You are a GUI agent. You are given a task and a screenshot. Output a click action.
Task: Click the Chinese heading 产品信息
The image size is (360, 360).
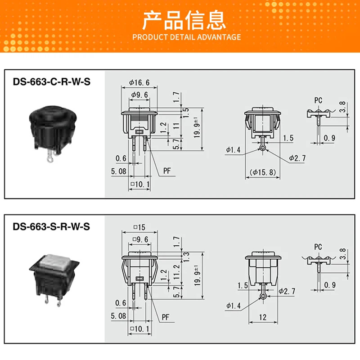click(x=184, y=21)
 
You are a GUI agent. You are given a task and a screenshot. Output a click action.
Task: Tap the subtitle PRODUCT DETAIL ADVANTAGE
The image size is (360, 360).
click(x=187, y=37)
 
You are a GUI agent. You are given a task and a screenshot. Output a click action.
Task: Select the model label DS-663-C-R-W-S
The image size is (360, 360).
click(x=52, y=82)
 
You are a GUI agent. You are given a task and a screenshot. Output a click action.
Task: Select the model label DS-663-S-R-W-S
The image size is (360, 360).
click(x=51, y=227)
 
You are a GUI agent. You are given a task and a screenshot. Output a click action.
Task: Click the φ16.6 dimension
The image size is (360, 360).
click(x=139, y=82)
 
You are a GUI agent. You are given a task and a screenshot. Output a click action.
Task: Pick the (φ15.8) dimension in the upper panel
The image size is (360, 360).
click(x=263, y=172)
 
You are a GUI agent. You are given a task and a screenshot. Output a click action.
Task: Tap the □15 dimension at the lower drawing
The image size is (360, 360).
click(x=139, y=227)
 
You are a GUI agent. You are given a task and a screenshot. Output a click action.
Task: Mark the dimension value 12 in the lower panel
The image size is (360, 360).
click(x=263, y=317)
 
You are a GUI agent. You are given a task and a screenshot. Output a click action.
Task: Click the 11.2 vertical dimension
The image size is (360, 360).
click(x=176, y=272)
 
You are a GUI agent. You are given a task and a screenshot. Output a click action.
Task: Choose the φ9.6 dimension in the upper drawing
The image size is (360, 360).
click(x=139, y=94)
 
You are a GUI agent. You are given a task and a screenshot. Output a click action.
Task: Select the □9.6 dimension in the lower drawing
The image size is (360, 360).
click(x=140, y=239)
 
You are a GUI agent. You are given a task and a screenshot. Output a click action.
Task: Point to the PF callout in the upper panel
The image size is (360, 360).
click(x=167, y=171)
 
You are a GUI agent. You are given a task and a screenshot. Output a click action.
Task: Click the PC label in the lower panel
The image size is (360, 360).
click(x=318, y=247)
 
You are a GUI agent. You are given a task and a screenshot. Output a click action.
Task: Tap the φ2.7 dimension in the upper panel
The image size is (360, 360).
click(x=297, y=158)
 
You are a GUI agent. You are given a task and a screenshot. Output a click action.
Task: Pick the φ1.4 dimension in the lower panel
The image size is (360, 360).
click(x=233, y=306)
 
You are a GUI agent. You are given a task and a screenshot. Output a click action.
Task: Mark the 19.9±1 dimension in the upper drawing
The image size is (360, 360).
click(x=197, y=127)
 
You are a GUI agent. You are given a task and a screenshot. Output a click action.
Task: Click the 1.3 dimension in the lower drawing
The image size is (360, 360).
click(x=186, y=256)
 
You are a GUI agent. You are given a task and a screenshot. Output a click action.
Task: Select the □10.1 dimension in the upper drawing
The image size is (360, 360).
click(x=140, y=184)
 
